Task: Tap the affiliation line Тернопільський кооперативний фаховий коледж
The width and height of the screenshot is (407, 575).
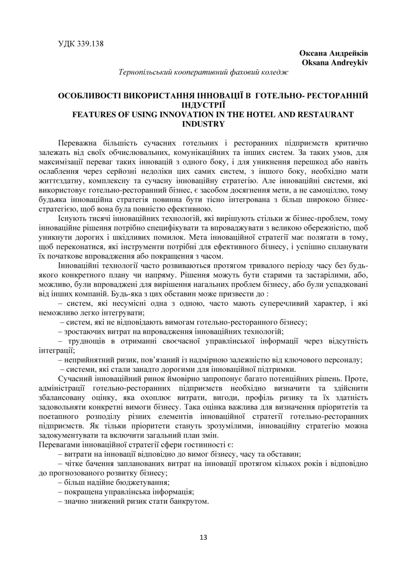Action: (203, 72)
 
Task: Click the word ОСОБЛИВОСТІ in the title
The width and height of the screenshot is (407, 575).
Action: (89, 96)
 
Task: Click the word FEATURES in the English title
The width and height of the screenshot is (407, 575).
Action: (95, 115)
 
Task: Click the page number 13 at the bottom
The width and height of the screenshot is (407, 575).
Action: (203, 537)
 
